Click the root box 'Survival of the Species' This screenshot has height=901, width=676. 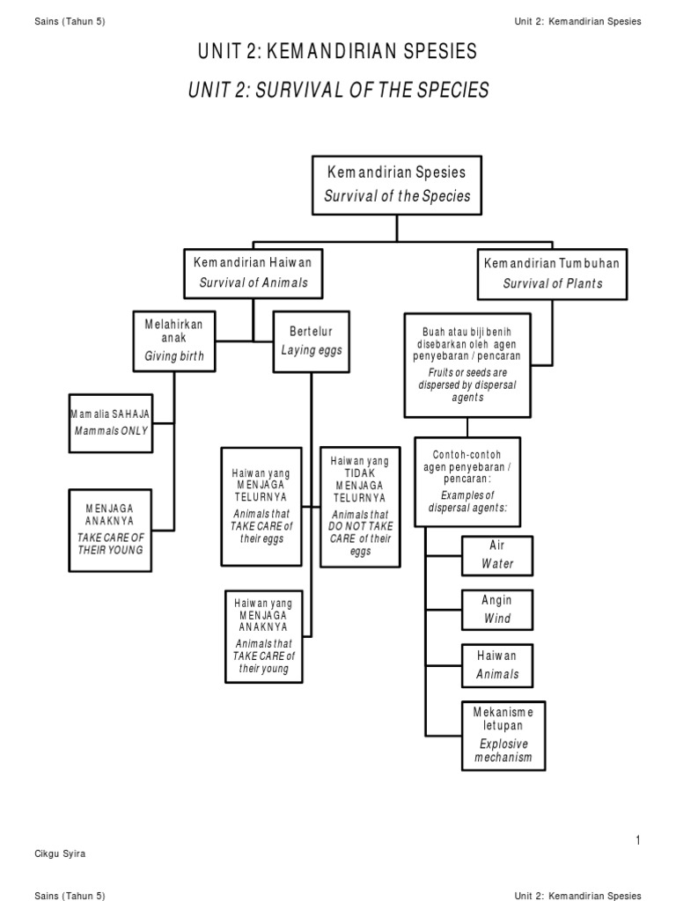point(397,185)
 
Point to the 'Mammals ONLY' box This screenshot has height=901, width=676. point(110,422)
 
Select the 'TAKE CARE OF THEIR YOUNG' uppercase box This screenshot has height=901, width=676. point(110,530)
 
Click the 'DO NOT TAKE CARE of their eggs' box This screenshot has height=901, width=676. point(359,506)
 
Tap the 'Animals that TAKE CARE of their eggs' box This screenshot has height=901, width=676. point(260,506)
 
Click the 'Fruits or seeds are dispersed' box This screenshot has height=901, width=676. point(467,364)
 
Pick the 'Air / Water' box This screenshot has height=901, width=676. point(497,553)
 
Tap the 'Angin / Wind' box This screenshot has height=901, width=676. point(497,609)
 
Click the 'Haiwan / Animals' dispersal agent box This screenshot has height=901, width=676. point(497,664)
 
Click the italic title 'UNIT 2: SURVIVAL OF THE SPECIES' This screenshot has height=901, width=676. point(338,90)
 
